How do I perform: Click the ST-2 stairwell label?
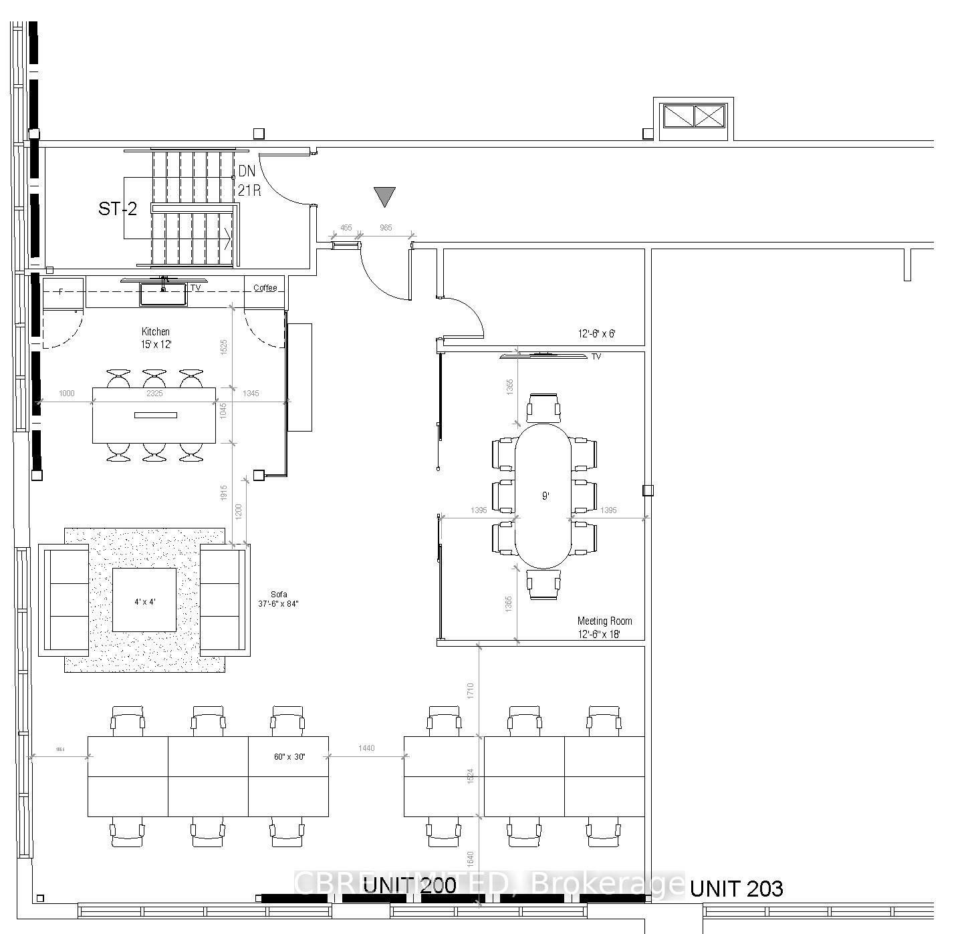point(118,209)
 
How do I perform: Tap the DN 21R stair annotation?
point(248,180)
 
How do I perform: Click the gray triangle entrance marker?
point(384,196)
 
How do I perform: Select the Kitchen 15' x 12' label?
point(155,338)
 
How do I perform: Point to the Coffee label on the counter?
point(265,288)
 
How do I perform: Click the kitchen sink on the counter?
point(162,294)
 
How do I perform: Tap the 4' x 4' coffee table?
point(144,600)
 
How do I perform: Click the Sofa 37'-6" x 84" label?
point(278,599)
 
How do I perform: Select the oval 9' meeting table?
point(543,496)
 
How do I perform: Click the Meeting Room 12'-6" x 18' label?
point(604,627)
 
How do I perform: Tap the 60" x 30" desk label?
point(289,757)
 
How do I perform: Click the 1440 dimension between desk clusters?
point(366,748)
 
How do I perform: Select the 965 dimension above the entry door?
point(386,228)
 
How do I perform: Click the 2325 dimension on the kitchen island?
point(154,394)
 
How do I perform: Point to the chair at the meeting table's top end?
point(543,408)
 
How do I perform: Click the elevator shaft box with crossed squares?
point(693,116)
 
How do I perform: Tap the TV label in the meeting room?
point(596,357)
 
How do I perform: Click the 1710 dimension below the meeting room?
point(471,690)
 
